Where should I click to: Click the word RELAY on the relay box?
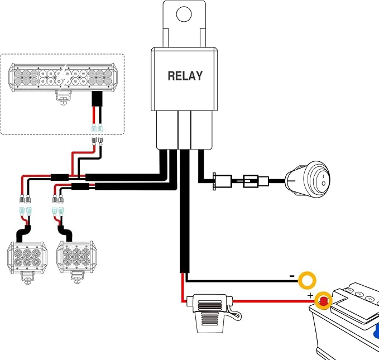pyautogui.click(x=185, y=76)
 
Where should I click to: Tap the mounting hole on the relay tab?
pyautogui.click(x=184, y=14)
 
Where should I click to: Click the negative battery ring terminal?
pyautogui.click(x=307, y=280)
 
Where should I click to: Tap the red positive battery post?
pyautogui.click(x=323, y=301)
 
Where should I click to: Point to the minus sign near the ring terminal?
pyautogui.click(x=292, y=276)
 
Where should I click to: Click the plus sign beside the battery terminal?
pyautogui.click(x=310, y=295)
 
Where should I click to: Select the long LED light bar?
pyautogui.click(x=63, y=78)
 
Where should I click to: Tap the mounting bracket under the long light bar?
pyautogui.click(x=64, y=98)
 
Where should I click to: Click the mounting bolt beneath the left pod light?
pyautogui.click(x=27, y=282)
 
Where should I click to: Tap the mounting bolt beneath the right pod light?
pyautogui.click(x=77, y=281)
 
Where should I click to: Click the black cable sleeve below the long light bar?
pyautogui.click(x=97, y=99)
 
